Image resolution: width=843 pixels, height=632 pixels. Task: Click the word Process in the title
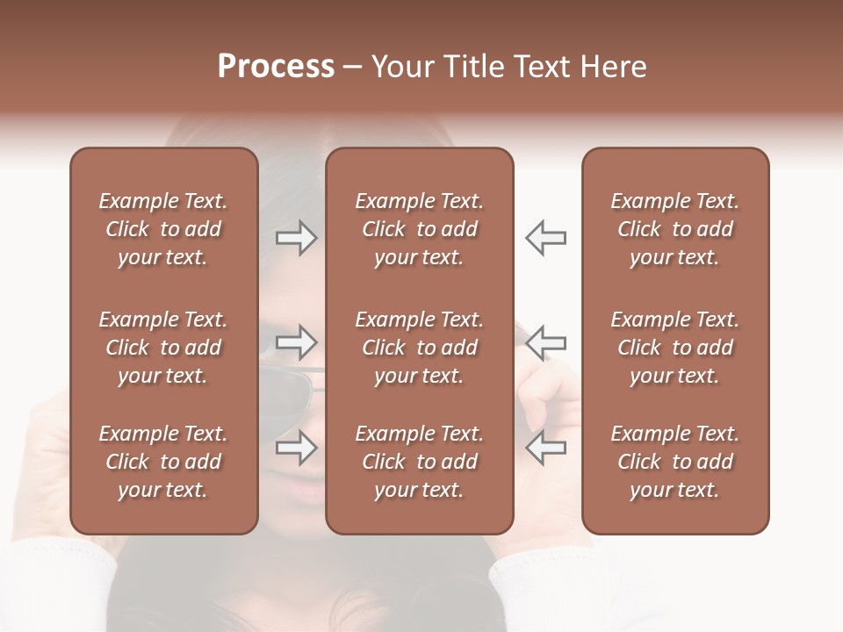[x=276, y=67]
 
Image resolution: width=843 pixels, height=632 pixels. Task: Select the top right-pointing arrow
[x=297, y=237]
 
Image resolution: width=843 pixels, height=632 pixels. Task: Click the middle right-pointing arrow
[x=297, y=342]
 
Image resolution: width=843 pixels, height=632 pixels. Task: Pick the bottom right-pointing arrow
[x=297, y=448]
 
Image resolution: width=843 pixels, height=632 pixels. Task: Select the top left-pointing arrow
[x=546, y=237]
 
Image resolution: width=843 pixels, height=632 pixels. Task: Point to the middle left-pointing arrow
[x=546, y=342]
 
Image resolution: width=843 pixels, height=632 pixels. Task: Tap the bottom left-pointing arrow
[x=546, y=448]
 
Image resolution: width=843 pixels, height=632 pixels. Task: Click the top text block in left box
[x=163, y=229]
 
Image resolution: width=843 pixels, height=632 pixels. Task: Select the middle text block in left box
[x=163, y=348]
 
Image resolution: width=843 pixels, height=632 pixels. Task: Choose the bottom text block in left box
[x=163, y=462]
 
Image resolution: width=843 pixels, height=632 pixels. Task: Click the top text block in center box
[x=419, y=229]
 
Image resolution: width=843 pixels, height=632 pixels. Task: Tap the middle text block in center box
[x=419, y=348]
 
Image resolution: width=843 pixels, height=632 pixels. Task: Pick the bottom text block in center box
[x=419, y=462]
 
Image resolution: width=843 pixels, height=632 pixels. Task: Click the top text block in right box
[x=674, y=229]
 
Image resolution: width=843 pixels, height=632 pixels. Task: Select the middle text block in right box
[x=674, y=348]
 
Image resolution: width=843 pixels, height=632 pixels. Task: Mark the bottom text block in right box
[x=674, y=462]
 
